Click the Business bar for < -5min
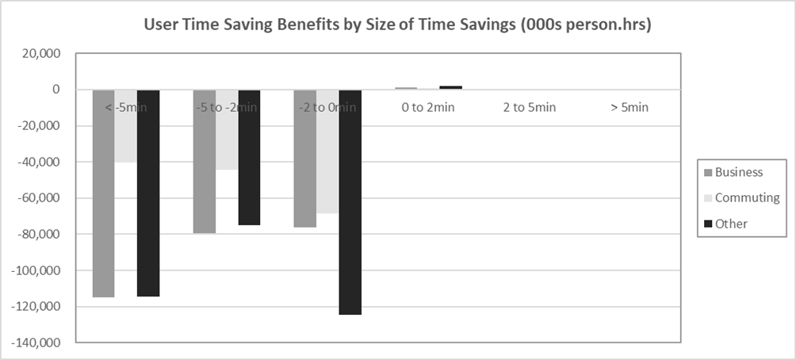[103, 193]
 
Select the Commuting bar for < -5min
[125, 126]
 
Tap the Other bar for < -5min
[148, 193]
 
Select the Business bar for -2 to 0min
[305, 159]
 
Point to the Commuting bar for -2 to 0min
[327, 151]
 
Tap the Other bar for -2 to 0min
[350, 202]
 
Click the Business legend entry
[738, 172]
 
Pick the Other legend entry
[731, 224]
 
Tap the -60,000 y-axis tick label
[42, 198]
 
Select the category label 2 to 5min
[530, 107]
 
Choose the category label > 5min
[630, 107]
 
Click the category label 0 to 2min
[429, 107]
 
